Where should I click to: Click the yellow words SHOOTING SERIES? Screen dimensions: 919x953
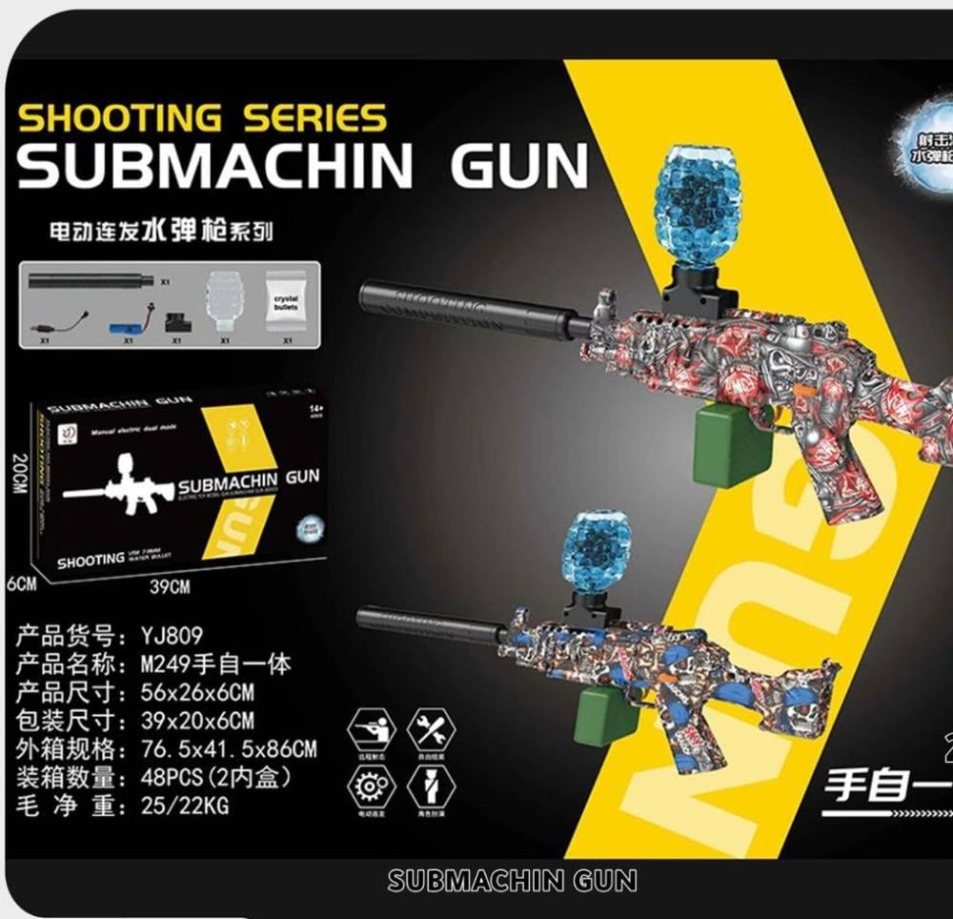click(x=202, y=118)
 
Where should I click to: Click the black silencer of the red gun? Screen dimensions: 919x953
click(x=467, y=306)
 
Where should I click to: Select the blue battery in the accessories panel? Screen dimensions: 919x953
click(x=128, y=327)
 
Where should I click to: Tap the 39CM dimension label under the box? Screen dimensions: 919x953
click(x=169, y=587)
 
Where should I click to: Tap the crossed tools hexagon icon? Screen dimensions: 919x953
click(x=431, y=731)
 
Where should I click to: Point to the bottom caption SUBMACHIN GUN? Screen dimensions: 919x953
click(x=512, y=880)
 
